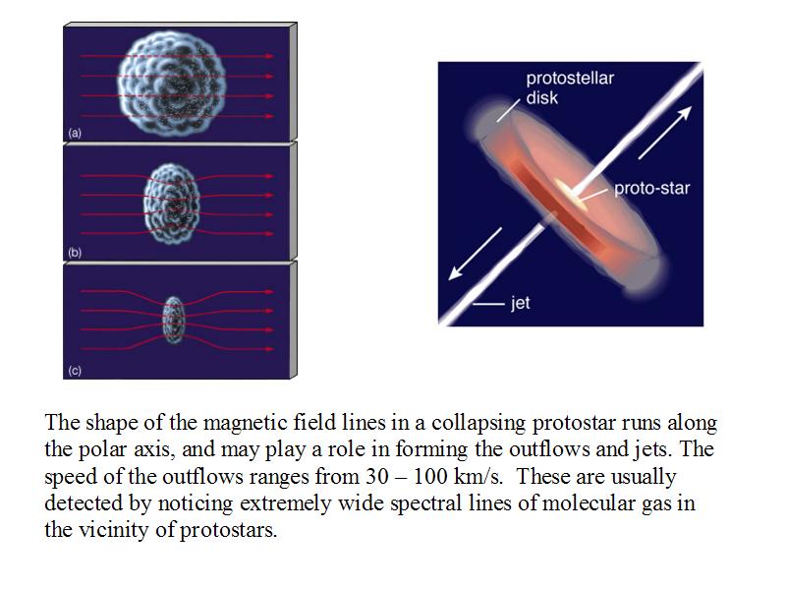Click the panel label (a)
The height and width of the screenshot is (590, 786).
coord(75,133)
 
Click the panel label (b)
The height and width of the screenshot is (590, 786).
coord(75,253)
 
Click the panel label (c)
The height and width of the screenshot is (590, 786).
coord(75,371)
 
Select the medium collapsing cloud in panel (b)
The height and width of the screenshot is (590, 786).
coord(171,204)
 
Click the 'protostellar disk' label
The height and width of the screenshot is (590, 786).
coord(570,88)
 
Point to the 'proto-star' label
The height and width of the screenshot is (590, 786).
coord(652,188)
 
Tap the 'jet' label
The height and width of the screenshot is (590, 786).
coord(521,303)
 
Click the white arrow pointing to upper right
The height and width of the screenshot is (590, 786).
coord(665,133)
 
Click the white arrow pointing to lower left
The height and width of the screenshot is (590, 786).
coord(475,254)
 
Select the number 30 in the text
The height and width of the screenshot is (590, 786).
coord(377,476)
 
